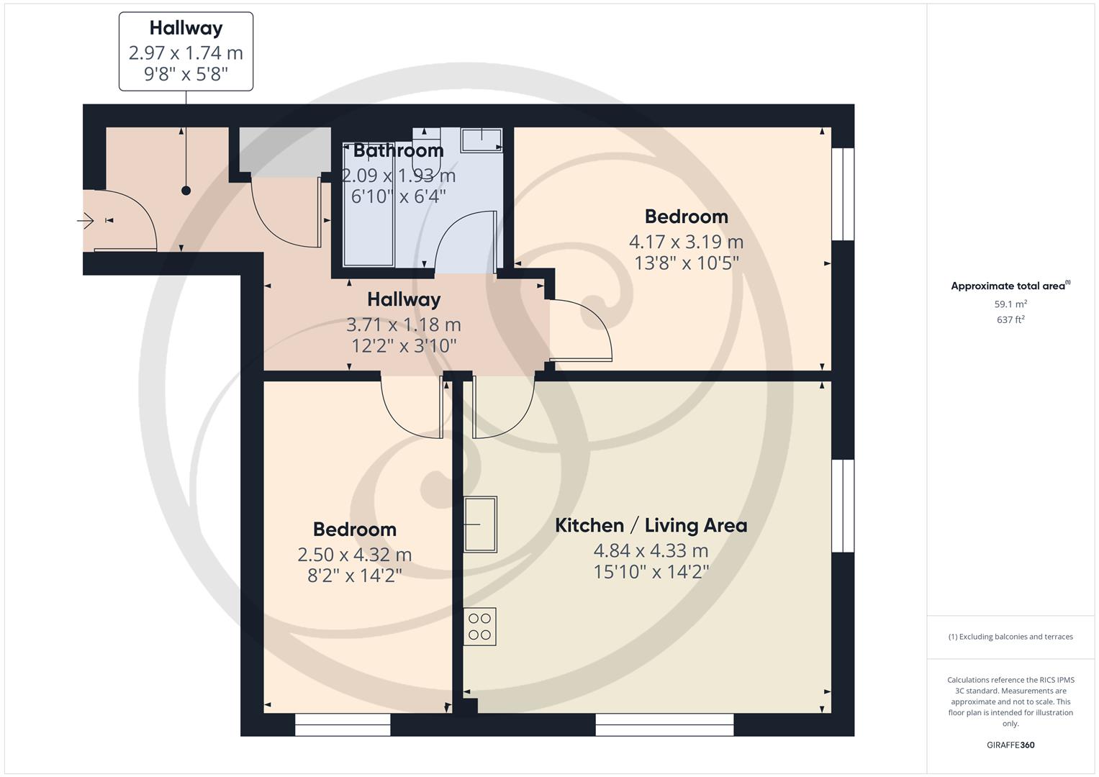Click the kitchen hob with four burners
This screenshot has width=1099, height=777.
(x=479, y=627)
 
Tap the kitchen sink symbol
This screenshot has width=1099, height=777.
(x=479, y=524)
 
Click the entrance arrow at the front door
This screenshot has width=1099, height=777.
(x=86, y=221)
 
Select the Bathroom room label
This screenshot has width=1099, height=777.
(x=398, y=150)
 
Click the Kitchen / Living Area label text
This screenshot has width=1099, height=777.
(x=651, y=525)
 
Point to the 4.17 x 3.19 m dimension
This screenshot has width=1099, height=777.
(x=686, y=242)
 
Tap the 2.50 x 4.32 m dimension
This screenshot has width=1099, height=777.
(x=354, y=555)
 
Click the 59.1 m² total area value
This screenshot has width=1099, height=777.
(x=1010, y=304)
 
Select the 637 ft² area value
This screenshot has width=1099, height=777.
(x=1010, y=319)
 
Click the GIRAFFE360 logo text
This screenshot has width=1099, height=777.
(x=1010, y=745)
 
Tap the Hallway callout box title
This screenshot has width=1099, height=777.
(x=186, y=28)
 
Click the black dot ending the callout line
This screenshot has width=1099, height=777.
(x=186, y=191)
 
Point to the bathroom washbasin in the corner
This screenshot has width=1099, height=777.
(x=481, y=140)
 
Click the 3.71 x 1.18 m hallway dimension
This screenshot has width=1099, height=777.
(x=403, y=324)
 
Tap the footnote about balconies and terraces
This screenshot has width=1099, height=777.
(x=1010, y=637)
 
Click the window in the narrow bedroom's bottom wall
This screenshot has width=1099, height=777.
(x=343, y=724)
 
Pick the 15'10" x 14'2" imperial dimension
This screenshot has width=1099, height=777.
(x=651, y=572)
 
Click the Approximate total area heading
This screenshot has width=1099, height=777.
(x=1010, y=286)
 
